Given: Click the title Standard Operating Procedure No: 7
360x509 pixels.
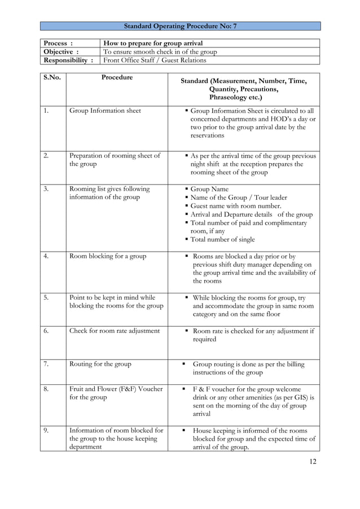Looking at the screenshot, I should (x=180, y=26).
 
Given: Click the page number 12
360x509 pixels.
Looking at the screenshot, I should (x=313, y=462).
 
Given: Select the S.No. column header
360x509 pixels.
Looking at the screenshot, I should (x=52, y=77).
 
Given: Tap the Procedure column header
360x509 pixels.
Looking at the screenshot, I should (x=117, y=77).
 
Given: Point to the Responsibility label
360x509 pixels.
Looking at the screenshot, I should (x=68, y=60).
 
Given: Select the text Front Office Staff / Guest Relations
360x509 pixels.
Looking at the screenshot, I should (x=155, y=60).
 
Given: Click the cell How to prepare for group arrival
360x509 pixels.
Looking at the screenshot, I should (x=153, y=43).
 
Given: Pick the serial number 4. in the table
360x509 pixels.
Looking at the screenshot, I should (x=47, y=256).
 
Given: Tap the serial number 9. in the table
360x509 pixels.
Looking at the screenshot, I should (x=47, y=431).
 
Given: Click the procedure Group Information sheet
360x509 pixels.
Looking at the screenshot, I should (x=105, y=111).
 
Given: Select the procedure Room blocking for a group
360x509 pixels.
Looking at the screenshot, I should (x=107, y=256).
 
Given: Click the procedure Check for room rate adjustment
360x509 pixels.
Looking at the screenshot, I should (x=114, y=331).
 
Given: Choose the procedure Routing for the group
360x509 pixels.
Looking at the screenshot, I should (x=100, y=364).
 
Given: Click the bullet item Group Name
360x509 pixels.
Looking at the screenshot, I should (x=209, y=189).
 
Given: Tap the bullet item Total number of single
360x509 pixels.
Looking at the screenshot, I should (x=222, y=239).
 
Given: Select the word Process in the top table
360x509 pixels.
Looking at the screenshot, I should (x=55, y=43).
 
